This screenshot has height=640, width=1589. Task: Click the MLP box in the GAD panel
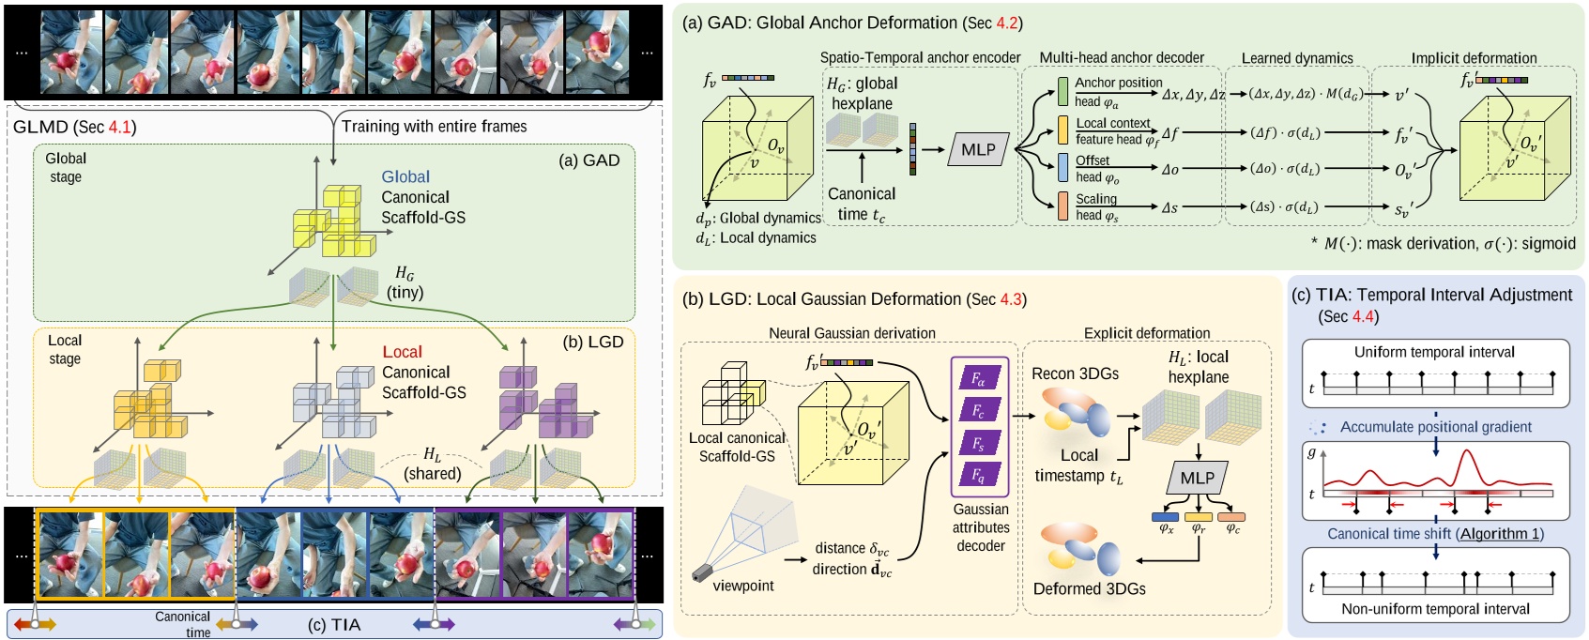point(977,149)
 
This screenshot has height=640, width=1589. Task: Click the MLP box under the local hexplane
point(1197,478)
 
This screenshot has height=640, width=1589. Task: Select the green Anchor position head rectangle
point(1062,91)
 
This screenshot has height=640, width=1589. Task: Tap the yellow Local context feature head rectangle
point(1062,130)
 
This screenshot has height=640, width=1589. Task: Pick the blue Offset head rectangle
point(1062,168)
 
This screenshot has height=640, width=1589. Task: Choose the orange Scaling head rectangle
point(1062,206)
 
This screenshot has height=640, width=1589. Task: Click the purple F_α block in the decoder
point(979,378)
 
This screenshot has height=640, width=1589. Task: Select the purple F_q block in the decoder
point(979,476)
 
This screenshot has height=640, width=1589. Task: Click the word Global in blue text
point(405,176)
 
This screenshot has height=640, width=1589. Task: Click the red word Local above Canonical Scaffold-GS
point(402,352)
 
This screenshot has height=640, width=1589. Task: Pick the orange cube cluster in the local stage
point(148,404)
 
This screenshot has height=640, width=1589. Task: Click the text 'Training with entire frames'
point(434,126)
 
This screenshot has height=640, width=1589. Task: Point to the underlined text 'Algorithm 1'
point(1499,533)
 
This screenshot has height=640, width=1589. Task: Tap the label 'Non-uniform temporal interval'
point(1435,609)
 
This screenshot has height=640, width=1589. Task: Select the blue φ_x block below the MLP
point(1165,516)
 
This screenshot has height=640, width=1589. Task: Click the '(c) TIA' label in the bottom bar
point(334,625)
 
